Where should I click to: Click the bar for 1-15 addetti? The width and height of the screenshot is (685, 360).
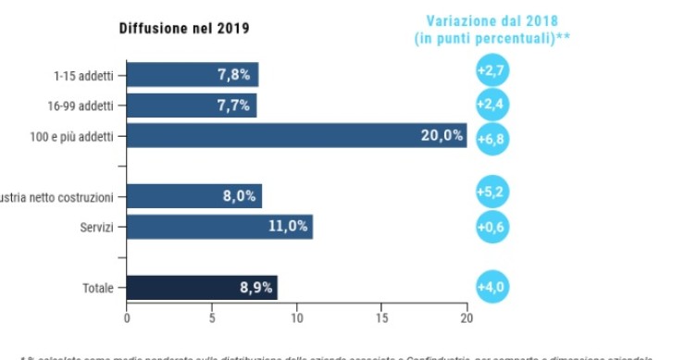tap(193, 75)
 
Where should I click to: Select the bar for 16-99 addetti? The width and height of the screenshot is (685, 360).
tap(192, 106)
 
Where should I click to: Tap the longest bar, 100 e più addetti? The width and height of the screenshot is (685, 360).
tap(296, 136)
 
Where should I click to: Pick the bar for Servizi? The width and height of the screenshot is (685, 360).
tap(219, 227)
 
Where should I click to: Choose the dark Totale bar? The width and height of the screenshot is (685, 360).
tap(202, 288)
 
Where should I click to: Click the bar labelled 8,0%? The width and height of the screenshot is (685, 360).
tap(194, 196)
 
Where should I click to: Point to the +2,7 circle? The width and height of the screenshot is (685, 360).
tap(491, 71)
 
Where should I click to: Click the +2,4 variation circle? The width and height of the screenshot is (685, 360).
tap(491, 104)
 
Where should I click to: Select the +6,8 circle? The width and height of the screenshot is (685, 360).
tap(492, 139)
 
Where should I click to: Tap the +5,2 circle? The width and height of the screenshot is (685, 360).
tap(491, 193)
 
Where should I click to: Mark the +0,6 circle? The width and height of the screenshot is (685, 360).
tap(491, 227)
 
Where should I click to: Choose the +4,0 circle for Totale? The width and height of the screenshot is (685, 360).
tap(491, 287)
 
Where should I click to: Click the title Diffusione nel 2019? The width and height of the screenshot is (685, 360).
tap(183, 28)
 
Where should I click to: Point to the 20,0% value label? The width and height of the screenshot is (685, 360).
tap(442, 136)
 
